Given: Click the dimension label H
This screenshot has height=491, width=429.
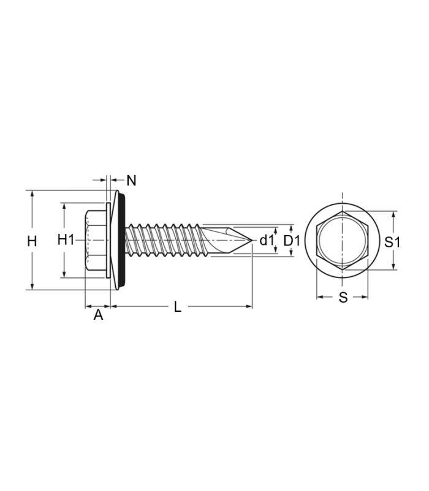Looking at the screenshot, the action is [x=32, y=241].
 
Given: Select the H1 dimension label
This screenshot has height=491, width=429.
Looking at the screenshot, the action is [x=66, y=240].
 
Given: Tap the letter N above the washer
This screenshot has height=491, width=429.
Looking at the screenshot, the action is [x=132, y=180].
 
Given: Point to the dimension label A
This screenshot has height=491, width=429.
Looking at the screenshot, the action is [x=98, y=315].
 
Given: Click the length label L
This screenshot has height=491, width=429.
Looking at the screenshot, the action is [x=178, y=307].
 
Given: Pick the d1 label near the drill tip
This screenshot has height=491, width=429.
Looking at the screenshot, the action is [x=267, y=241].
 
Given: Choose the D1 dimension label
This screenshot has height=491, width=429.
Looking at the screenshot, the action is [x=292, y=241].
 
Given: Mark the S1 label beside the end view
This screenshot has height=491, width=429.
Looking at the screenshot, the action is [x=392, y=242].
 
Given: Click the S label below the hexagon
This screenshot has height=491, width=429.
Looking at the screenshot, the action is [x=343, y=298].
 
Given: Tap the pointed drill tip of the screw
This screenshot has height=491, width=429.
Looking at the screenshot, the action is [x=251, y=241].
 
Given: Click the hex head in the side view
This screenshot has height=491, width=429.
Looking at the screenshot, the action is [x=96, y=240].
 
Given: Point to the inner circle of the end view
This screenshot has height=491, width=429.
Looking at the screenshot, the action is [x=343, y=240].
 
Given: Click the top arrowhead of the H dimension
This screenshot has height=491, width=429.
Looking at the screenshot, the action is [x=32, y=194].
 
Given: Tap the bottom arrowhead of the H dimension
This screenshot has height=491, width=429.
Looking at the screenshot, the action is [x=32, y=286].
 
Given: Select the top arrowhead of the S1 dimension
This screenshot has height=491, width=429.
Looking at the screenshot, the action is [x=393, y=215].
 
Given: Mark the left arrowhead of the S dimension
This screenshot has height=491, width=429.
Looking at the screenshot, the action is [x=320, y=297].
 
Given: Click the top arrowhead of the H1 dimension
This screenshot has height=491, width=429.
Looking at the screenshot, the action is [x=64, y=206].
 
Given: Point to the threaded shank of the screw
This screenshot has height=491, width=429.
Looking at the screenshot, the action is [x=162, y=240].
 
